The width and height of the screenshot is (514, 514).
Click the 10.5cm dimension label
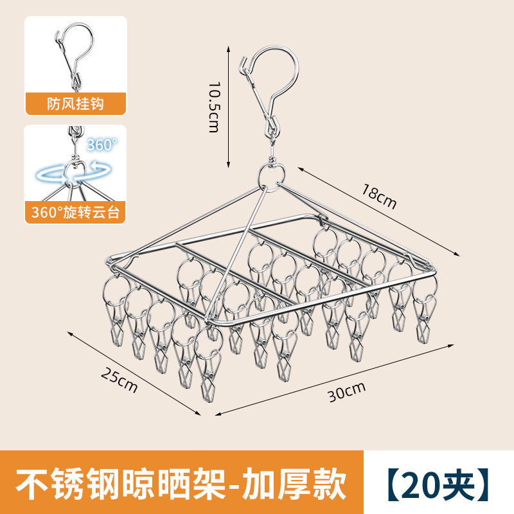pos(215,106)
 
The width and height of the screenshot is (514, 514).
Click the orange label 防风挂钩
pos(75,103)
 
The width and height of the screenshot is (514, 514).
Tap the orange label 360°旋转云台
pos(75,213)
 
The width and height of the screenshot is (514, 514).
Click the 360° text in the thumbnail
pos(103,145)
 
